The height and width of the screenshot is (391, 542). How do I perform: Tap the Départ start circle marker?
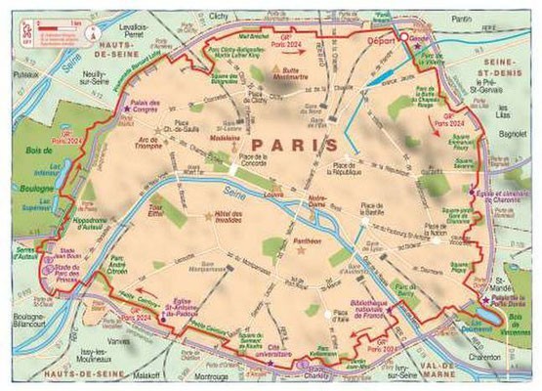(400, 38)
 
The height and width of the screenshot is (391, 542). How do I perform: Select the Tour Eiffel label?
(155, 209)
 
